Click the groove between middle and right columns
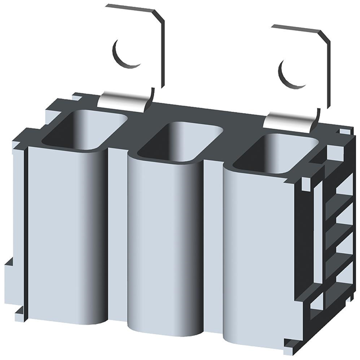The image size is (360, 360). pos(214,247)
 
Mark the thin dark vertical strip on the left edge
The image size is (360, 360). pos(25,225)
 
